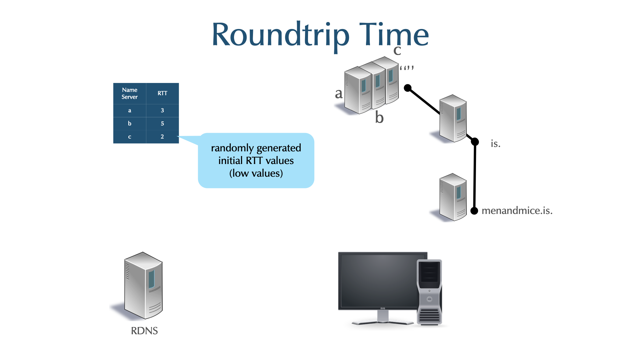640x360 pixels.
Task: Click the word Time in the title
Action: click(394, 34)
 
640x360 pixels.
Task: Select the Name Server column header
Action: click(130, 93)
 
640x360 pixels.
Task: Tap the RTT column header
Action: click(162, 93)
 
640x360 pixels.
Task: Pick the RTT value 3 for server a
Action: click(162, 110)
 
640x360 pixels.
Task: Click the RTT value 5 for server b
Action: click(162, 123)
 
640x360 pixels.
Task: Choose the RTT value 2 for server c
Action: click(162, 137)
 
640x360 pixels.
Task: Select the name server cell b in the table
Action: click(130, 123)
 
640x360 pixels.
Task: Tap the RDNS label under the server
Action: click(144, 331)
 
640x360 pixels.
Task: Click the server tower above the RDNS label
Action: click(143, 285)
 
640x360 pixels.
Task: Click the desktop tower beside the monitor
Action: click(430, 292)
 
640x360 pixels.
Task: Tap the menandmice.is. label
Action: click(517, 211)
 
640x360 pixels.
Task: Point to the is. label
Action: click(495, 144)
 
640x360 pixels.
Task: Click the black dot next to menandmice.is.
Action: click(474, 211)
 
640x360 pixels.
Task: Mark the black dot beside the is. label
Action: click(475, 142)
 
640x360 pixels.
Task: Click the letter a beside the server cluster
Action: click(339, 94)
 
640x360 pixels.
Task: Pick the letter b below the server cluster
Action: click(379, 117)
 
